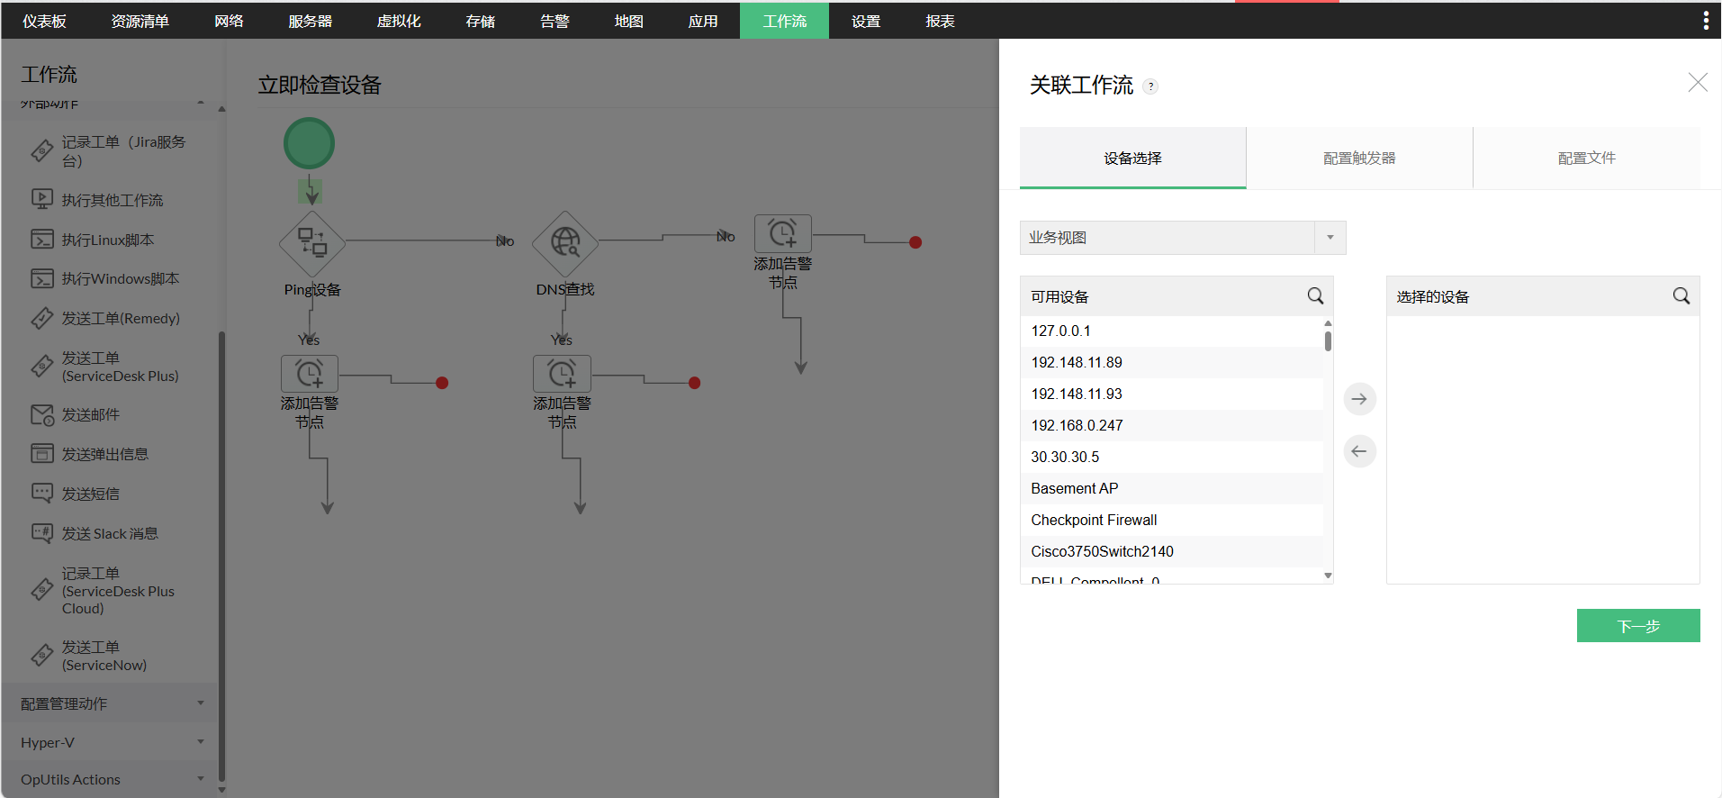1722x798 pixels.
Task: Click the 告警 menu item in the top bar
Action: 554,21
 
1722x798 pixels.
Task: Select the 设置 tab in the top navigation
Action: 865,21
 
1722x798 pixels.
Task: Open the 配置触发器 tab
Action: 1359,158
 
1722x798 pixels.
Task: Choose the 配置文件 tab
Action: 1586,158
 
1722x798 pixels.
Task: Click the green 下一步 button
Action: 1637,626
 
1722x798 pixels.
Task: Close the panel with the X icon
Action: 1697,83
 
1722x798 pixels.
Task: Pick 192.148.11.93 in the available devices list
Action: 1077,394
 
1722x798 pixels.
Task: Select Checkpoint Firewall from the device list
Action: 1094,520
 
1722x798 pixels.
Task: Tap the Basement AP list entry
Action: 1075,488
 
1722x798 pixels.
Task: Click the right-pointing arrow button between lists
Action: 1359,399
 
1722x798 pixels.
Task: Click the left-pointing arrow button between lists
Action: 1359,451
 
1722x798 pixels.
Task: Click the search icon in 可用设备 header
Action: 1315,296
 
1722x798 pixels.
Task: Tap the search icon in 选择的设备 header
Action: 1681,296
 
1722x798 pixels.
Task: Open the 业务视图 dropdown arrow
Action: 1330,238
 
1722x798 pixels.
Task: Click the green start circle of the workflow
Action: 309,143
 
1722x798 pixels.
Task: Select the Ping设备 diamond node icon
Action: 312,242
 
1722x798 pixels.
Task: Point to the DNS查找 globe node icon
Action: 565,242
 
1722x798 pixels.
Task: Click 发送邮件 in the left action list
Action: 90,415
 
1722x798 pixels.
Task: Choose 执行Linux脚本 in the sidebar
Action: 107,240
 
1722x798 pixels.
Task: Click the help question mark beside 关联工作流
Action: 1150,86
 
